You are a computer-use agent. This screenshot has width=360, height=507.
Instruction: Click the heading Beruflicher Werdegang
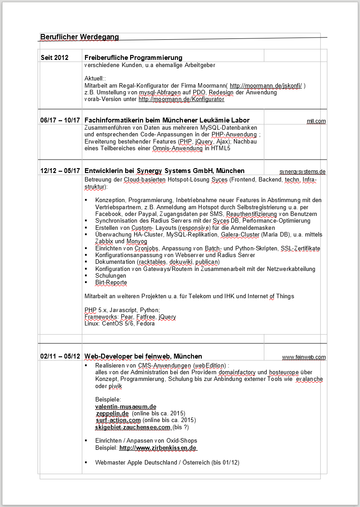80,37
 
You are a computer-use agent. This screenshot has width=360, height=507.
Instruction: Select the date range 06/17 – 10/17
60,120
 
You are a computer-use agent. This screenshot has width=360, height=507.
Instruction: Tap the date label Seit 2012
55,58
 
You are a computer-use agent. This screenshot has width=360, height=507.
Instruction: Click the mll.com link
316,121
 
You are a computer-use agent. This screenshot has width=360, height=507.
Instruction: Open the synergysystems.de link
302,172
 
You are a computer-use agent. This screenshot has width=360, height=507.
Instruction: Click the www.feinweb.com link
304,357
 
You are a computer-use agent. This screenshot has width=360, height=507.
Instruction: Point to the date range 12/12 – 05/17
60,171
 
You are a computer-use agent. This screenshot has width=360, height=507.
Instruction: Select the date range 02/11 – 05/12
60,356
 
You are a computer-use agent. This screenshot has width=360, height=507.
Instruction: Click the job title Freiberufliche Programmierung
133,58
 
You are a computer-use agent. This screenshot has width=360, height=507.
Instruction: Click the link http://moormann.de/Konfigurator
181,99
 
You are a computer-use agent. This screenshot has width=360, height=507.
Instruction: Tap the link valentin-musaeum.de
126,406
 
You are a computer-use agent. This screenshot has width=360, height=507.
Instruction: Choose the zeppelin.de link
112,413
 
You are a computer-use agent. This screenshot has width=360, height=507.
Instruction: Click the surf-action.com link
119,420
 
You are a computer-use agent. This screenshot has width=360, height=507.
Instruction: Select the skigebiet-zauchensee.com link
133,427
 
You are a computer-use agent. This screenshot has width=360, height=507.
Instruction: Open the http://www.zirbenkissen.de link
158,448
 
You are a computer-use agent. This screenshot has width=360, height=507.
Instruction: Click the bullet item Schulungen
105,276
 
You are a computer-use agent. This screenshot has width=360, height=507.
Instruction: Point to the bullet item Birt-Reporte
111,283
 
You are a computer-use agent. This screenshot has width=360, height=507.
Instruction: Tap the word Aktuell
94,79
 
